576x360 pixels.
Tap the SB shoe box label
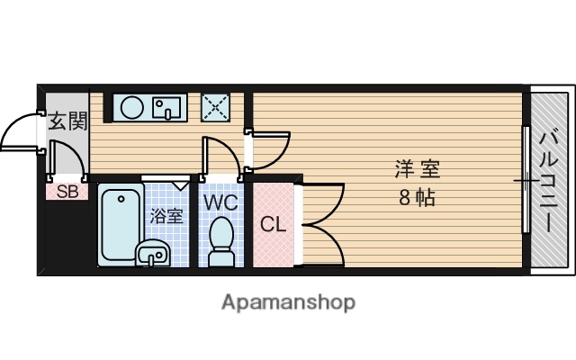[67, 191]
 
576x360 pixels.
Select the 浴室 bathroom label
[166, 216]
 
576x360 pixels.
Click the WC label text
[220, 202]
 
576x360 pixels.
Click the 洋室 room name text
[418, 169]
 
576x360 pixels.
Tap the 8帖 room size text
[418, 198]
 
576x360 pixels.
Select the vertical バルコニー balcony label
[549, 180]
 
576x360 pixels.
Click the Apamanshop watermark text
[288, 301]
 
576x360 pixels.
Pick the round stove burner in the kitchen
[132, 108]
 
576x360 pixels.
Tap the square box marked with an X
[215, 107]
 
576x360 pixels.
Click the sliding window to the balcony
[525, 180]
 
